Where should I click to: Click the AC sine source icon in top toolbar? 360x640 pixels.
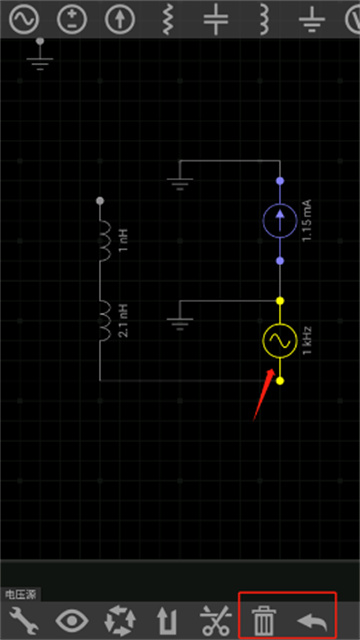(24, 19)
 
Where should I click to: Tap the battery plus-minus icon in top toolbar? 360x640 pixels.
(72, 19)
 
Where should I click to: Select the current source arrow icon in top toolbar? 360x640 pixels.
(120, 19)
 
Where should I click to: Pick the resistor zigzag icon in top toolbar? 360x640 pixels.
(168, 19)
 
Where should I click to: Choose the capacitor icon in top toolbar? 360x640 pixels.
(216, 19)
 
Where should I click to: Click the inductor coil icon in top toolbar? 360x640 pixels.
(264, 19)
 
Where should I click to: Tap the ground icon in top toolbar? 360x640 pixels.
(312, 19)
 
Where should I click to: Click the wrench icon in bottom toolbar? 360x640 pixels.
(24, 620)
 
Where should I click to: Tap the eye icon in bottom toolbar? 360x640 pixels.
(72, 621)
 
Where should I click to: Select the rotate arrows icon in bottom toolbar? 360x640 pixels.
(120, 621)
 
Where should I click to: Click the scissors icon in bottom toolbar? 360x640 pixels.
(216, 621)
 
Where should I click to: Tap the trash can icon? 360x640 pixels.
(264, 621)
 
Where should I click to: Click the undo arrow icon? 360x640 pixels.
(312, 621)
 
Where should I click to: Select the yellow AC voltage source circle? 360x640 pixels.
(280, 341)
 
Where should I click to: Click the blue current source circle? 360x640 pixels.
(280, 220)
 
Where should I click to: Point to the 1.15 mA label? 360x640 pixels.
(307, 220)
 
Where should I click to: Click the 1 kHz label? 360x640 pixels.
(308, 340)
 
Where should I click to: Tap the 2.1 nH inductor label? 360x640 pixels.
(125, 321)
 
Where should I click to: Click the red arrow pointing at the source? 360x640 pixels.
(264, 394)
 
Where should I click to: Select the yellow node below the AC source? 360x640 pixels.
(280, 381)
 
